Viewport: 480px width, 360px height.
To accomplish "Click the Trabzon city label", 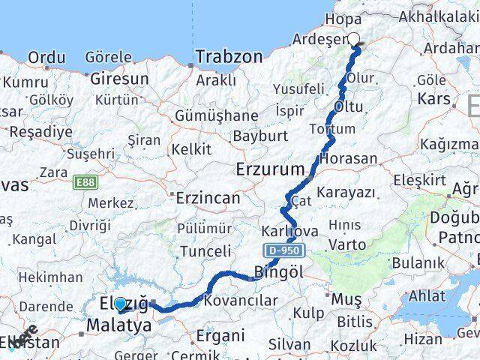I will pos(229,56).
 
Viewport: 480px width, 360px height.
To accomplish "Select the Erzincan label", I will pos(208,198).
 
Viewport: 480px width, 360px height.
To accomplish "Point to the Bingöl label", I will pos(279,272).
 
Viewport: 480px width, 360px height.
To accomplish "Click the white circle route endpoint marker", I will pos(354,40).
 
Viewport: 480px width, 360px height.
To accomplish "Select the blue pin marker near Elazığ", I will pos(120,304).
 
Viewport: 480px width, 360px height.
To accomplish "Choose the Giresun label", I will pos(119,77).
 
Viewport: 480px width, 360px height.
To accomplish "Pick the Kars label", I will pos(433,98).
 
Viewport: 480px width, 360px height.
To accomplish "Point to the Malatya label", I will pos(118,325).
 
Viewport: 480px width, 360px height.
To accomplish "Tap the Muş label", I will pos(346,299).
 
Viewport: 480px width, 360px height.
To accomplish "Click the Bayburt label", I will pos(259,136).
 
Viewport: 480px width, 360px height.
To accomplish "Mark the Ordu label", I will pos(46,57).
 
